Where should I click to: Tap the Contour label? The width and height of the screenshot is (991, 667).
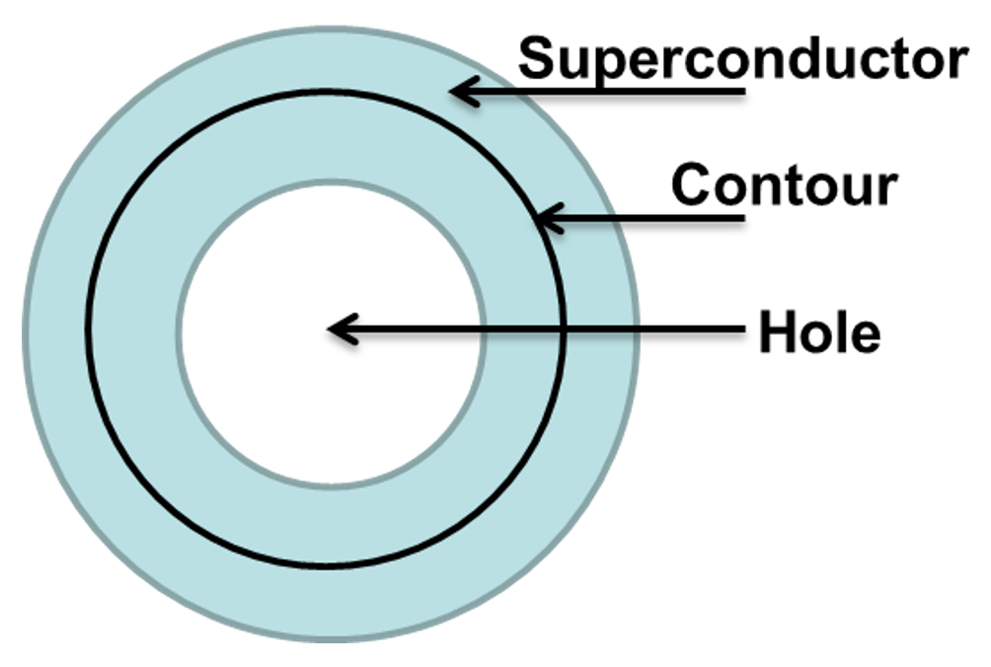coord(784,185)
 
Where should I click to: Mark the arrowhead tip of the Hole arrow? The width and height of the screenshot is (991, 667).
coord(330,330)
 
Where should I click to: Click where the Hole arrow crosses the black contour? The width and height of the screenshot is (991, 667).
coord(564,330)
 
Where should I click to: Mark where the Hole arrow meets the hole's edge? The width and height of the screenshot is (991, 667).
coord(483,330)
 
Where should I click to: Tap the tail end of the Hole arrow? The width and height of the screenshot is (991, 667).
coord(742,330)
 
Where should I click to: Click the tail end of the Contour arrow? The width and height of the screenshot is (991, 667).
coord(742,218)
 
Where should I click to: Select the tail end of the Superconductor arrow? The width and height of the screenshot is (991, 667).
coord(742,93)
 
